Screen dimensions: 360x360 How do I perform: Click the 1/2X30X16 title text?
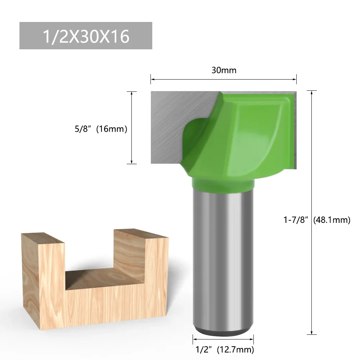(x=86, y=36)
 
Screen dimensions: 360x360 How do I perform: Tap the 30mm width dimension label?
(x=224, y=70)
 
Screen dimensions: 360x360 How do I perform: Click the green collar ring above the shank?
(x=223, y=184)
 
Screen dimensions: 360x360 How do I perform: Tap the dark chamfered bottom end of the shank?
(x=223, y=330)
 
